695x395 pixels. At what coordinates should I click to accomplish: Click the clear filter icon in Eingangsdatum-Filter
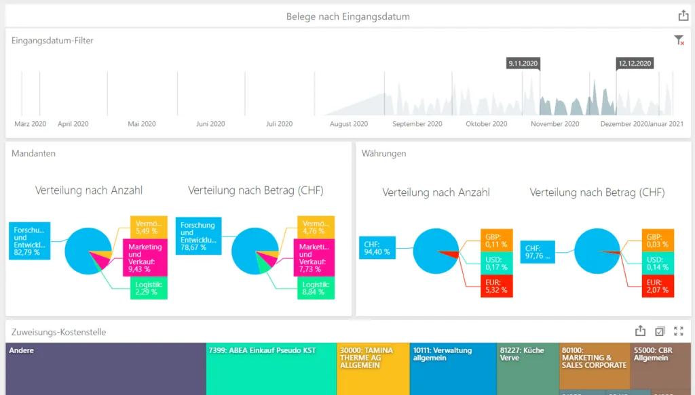click(x=679, y=41)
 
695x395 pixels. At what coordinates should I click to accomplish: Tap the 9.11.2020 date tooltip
click(x=523, y=63)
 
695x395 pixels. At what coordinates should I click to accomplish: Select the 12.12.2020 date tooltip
click(x=634, y=63)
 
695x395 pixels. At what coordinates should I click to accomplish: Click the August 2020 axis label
click(x=349, y=124)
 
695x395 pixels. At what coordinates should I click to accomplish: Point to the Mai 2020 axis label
click(x=142, y=124)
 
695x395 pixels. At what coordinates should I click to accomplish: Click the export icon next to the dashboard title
click(x=683, y=16)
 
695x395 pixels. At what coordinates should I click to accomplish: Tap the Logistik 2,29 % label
click(x=148, y=287)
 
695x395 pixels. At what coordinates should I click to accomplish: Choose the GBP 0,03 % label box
click(x=656, y=239)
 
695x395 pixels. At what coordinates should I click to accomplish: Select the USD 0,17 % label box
click(x=496, y=262)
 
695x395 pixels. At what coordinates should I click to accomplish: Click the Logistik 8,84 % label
click(x=315, y=289)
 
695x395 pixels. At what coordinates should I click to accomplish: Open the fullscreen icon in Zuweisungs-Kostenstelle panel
click(x=679, y=331)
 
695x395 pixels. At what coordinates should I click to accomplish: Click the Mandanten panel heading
click(x=34, y=154)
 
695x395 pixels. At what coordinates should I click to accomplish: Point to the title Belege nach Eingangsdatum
click(x=347, y=16)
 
